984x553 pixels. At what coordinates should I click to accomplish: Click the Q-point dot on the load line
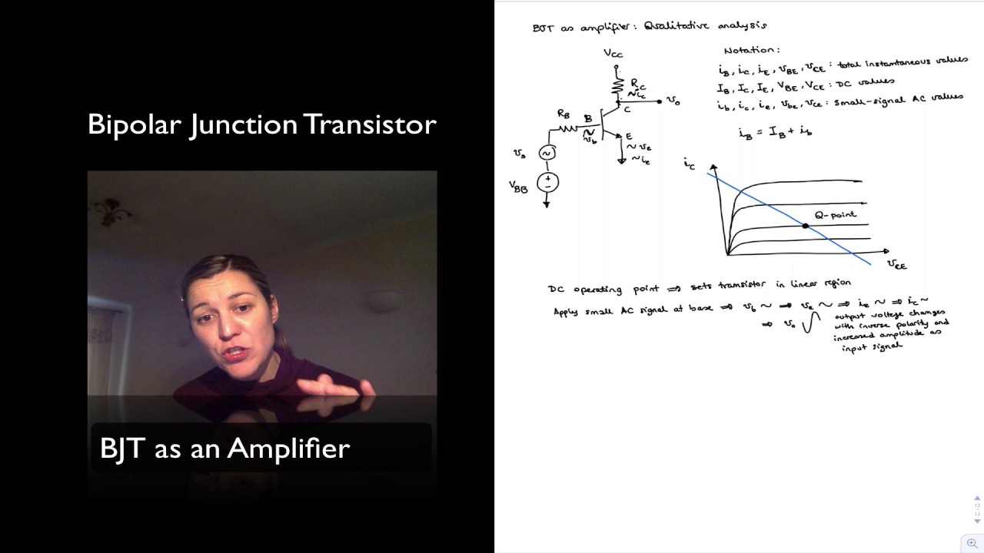(x=805, y=226)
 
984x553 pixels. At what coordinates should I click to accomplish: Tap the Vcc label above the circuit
(x=613, y=53)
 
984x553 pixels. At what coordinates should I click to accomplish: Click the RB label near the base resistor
(x=563, y=114)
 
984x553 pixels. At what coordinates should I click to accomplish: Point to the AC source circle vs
(x=547, y=153)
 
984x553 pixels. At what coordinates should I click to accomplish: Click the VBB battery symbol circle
(x=548, y=182)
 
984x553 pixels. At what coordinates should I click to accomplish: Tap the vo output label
(x=673, y=101)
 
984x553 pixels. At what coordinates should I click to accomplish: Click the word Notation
(x=751, y=50)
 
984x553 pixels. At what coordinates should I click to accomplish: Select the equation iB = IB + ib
(x=775, y=133)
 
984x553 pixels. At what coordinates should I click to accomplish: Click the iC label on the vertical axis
(x=689, y=164)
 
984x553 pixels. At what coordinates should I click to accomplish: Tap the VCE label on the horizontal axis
(x=896, y=265)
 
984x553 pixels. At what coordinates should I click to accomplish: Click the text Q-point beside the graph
(x=836, y=214)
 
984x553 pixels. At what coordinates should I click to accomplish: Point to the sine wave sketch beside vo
(x=808, y=325)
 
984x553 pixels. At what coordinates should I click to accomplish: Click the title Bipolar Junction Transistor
(x=262, y=124)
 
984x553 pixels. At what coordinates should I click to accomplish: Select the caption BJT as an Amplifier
(x=224, y=448)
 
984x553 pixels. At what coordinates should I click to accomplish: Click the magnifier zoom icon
(x=972, y=543)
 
